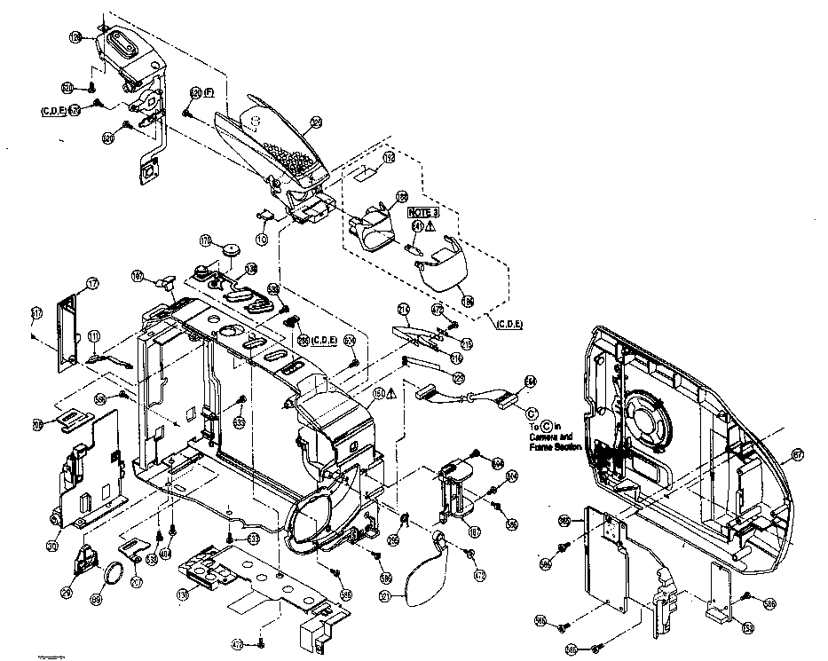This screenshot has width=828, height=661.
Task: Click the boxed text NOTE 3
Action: click(422, 213)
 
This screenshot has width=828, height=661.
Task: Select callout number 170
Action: click(205, 240)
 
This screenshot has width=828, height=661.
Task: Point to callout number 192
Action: click(387, 157)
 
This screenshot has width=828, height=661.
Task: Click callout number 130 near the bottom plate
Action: click(182, 594)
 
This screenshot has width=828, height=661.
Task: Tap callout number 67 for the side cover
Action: click(796, 454)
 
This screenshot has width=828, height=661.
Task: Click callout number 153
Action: click(748, 628)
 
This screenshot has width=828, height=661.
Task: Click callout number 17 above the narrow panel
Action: click(91, 284)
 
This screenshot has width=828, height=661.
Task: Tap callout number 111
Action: click(93, 337)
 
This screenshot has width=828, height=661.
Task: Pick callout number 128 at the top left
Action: click(75, 36)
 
